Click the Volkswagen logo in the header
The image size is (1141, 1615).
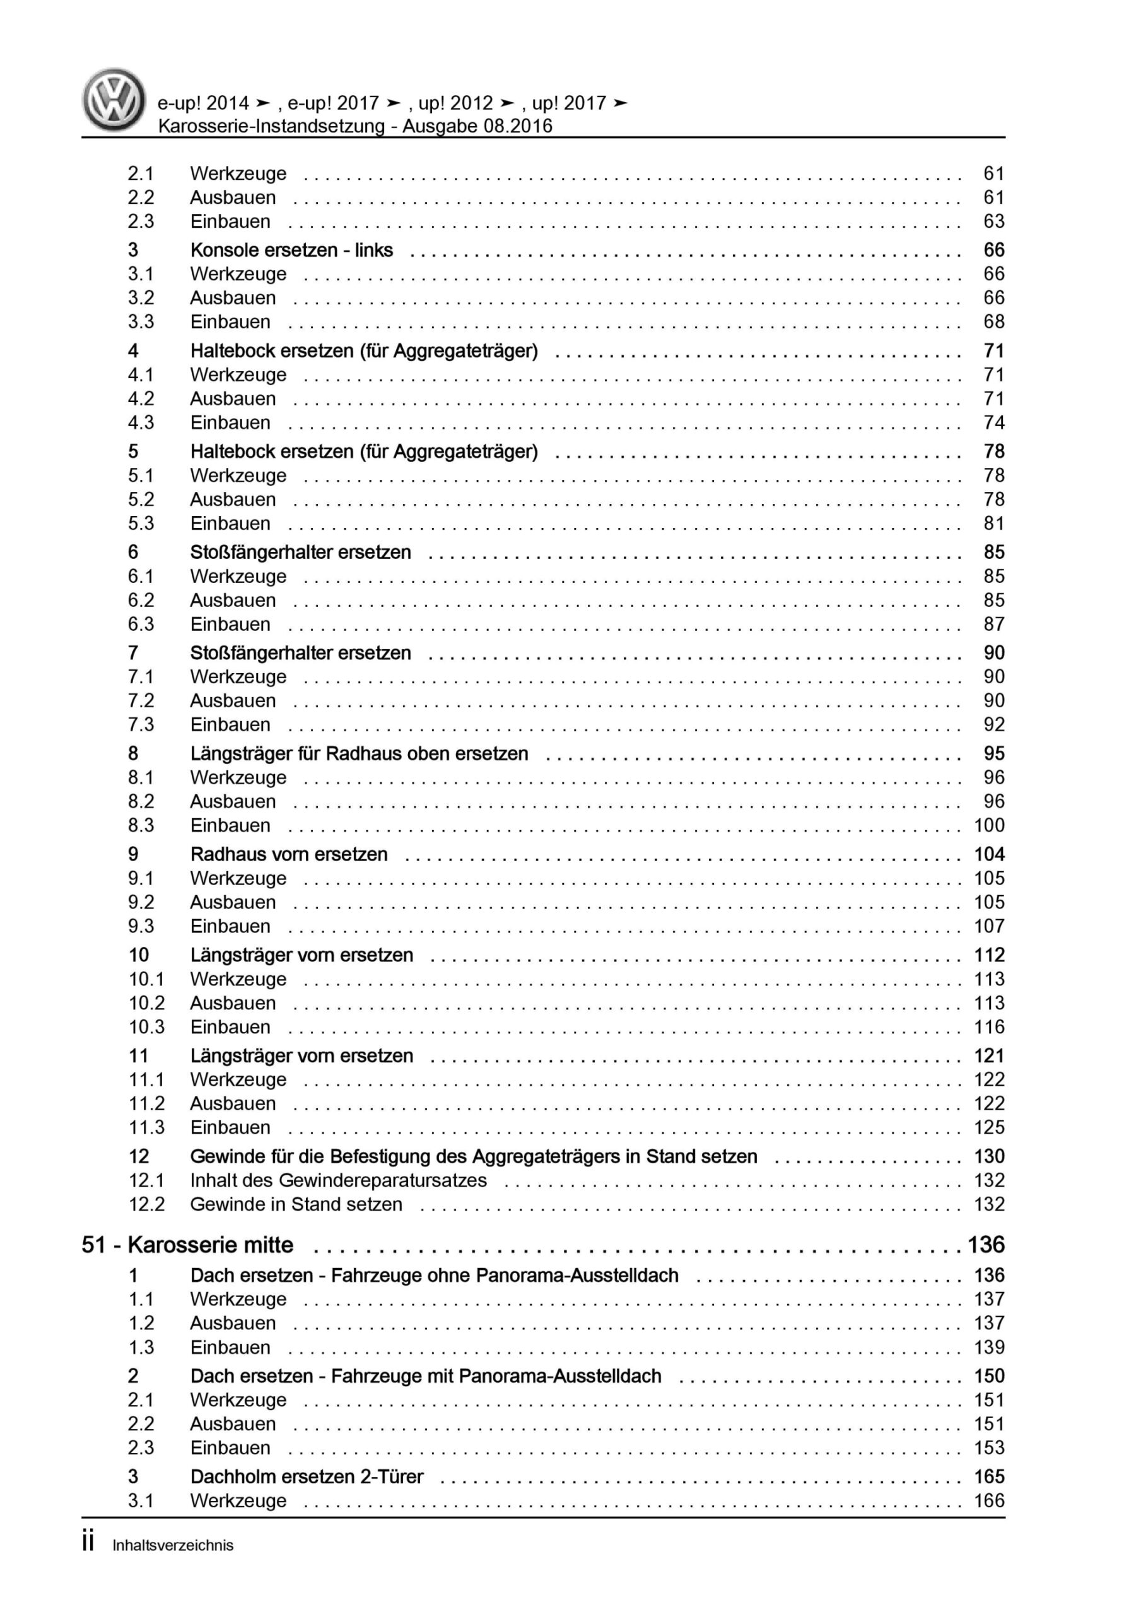coord(114,99)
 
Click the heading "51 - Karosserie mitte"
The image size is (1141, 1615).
coord(187,1245)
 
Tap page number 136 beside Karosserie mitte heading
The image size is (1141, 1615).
coord(986,1245)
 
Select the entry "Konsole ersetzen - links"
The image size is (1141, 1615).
coord(291,250)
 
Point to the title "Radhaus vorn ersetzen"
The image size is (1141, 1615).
coord(288,855)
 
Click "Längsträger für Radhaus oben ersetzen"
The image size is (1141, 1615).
coord(359,754)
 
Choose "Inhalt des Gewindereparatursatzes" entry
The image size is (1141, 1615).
coord(338,1180)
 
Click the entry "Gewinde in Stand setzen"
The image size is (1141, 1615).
coord(296,1204)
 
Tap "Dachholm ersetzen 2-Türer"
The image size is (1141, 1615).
coord(307,1476)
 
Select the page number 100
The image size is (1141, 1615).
coord(988,825)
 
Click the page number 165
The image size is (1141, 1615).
coord(988,1476)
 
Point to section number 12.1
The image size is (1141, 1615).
coord(146,1180)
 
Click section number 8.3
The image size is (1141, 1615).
coord(141,825)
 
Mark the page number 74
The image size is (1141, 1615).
coord(993,423)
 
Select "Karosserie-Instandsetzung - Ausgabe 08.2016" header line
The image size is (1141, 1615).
coord(355,127)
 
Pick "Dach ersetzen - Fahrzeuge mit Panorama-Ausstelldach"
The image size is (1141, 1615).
coord(426,1376)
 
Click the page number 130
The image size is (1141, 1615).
coord(988,1156)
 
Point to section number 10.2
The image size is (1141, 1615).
coord(146,1003)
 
